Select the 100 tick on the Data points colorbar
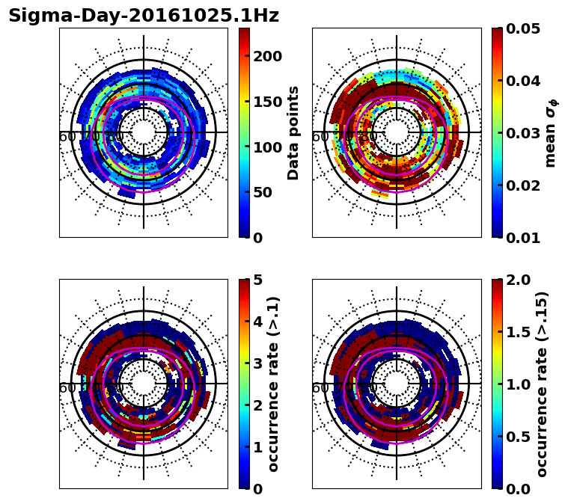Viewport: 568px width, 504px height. (267, 147)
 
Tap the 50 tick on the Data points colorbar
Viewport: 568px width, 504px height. (263, 192)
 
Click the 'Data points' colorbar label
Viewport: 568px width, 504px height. (293, 132)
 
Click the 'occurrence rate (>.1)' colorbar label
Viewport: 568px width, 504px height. (274, 384)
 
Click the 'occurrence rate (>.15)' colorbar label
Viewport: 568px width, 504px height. (542, 384)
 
